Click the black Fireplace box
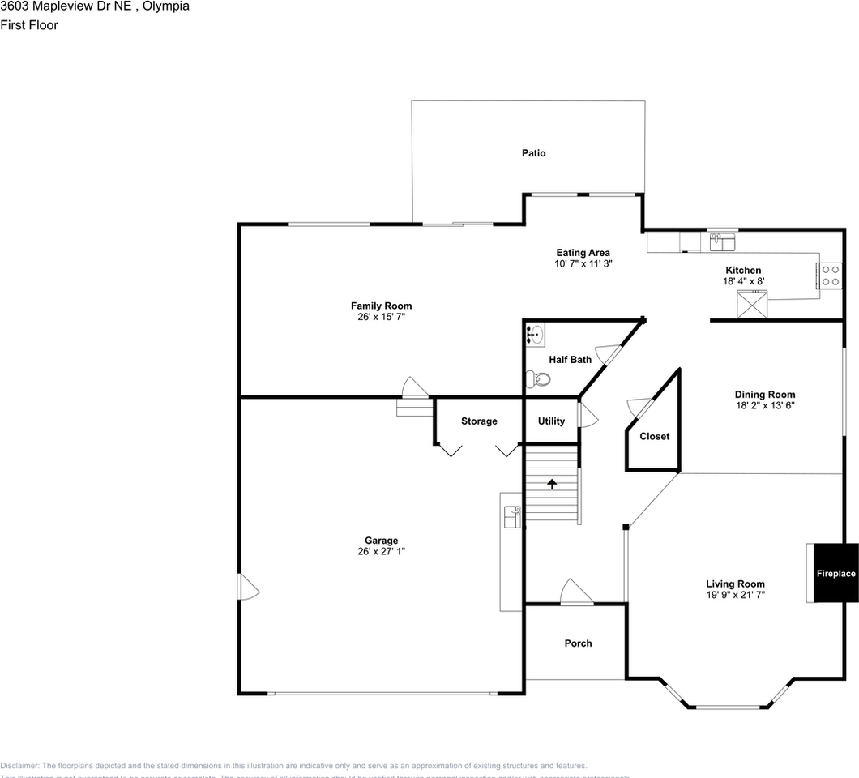coord(835,573)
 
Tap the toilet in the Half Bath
coord(539,378)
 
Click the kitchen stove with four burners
coord(831,276)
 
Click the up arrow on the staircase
coord(553,484)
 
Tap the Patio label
coord(533,153)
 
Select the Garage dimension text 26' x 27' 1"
coord(381,551)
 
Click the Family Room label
coord(381,306)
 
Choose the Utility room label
coord(551,421)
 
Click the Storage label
coord(479,421)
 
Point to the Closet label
coord(654,436)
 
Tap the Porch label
coord(578,643)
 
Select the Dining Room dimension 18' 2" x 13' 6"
coord(764,405)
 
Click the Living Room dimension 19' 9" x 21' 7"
coord(735,594)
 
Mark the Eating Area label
coord(583,253)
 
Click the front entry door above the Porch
coord(576,593)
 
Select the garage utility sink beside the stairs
coord(511,516)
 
